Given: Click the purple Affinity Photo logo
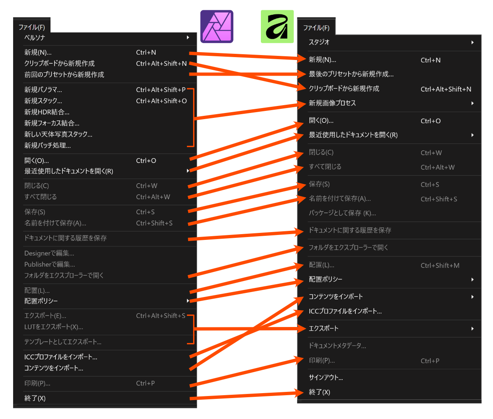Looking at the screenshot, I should (217, 27).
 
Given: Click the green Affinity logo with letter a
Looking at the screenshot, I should (277, 27).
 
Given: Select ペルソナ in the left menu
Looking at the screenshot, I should (35, 38).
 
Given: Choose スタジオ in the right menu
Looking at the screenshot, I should (319, 42).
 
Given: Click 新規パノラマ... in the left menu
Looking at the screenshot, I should (43, 90).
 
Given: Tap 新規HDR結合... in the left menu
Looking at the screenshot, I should (47, 112).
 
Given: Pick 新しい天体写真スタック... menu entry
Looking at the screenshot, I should (58, 134).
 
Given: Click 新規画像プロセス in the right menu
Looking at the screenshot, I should (332, 103).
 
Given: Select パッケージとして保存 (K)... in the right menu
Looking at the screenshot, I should (342, 213).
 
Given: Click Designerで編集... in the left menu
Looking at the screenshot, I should (49, 253).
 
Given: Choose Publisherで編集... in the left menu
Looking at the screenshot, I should (50, 265).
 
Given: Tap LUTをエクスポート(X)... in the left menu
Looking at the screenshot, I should (54, 327).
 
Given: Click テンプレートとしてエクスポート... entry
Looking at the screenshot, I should (63, 342).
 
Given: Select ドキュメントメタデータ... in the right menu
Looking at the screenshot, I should (337, 346).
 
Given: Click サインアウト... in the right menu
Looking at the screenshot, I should (326, 378).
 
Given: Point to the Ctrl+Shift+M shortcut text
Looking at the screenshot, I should (440, 265).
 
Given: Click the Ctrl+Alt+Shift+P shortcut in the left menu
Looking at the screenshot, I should (161, 90).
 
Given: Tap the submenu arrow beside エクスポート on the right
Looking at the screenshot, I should (472, 329).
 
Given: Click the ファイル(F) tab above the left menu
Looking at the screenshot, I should (32, 27).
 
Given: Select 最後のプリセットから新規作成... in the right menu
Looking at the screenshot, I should (351, 74).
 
